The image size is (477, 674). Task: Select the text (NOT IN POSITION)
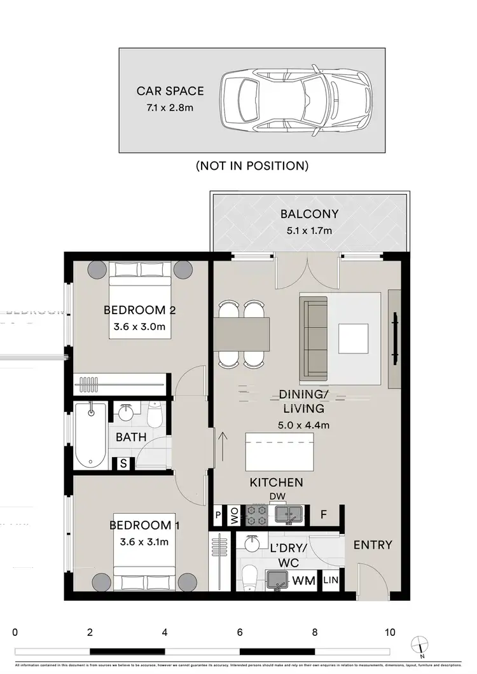[252, 166]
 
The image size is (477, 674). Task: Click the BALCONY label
[309, 214]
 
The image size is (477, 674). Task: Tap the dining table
[242, 334]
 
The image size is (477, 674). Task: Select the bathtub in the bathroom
[90, 434]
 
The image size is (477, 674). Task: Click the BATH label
[131, 437]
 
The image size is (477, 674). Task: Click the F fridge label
[324, 514]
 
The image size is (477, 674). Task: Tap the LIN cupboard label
[331, 580]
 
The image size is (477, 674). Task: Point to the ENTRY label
[373, 545]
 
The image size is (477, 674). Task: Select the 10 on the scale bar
[389, 633]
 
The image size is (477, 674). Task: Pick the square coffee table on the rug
[353, 338]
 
